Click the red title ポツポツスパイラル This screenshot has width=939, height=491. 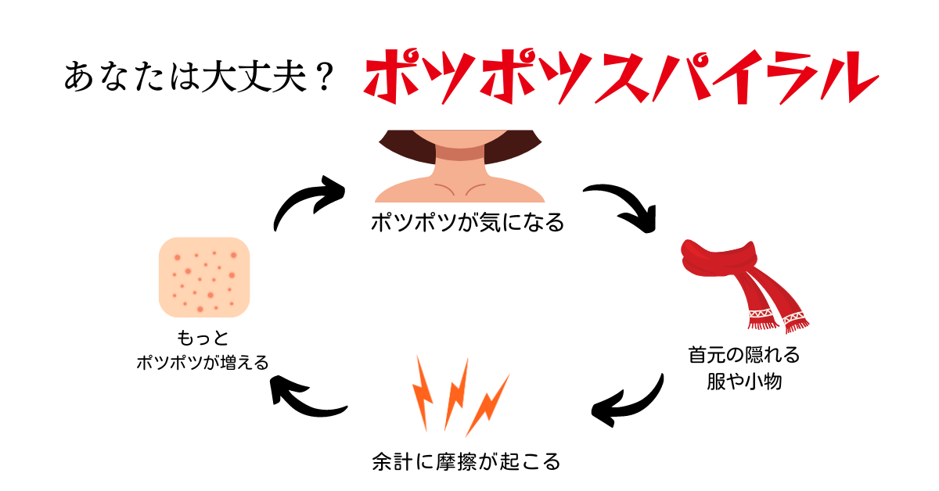tap(621, 77)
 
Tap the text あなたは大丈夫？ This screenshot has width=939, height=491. tap(200, 77)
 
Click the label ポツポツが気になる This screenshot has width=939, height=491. tap(467, 222)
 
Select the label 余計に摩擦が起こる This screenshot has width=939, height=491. tap(466, 461)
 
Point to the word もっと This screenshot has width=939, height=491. tap(203, 338)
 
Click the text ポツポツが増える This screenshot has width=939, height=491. tap(203, 362)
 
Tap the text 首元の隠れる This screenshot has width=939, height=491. tap(744, 355)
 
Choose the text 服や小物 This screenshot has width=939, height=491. tap(744, 382)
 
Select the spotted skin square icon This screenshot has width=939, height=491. tap(204, 277)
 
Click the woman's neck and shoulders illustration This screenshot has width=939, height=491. tap(460, 166)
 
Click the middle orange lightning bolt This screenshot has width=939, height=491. tap(457, 394)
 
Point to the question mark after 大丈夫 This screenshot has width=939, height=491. tap(325, 77)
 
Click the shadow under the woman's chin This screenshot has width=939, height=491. tap(460, 153)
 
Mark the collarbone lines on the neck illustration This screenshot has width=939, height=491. tap(460, 189)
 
